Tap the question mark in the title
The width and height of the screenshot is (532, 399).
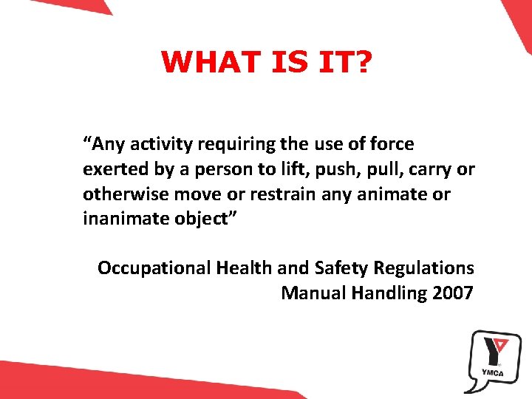(x=363, y=63)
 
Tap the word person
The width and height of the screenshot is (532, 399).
(x=225, y=170)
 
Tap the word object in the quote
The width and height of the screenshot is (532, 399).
(x=206, y=219)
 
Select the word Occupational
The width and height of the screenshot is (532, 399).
(x=154, y=268)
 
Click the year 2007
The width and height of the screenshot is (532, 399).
(x=453, y=293)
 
